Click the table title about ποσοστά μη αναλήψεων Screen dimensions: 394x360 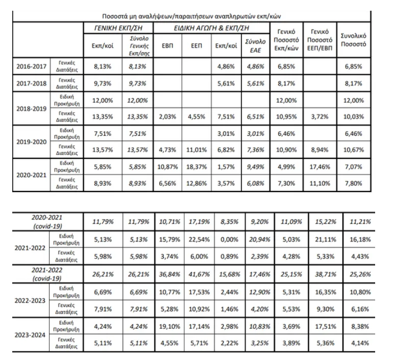coord(191,16)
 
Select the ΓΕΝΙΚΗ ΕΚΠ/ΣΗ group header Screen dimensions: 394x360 coord(118,28)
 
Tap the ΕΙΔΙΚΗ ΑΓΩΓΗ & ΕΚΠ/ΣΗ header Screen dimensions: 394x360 coord(211,28)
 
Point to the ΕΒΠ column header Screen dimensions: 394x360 coord(167,46)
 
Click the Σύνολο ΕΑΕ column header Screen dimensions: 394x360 coord(255,46)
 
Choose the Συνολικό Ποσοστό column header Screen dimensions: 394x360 coord(353,40)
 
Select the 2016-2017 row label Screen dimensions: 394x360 coord(32,66)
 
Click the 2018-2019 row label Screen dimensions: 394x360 coord(32,109)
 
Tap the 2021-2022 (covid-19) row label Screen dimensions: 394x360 coord(47,274)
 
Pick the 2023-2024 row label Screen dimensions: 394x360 coord(30,335)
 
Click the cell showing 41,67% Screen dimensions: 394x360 coord(199,274)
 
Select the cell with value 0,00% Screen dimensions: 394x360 coord(229,239)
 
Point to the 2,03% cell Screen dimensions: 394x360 coord(167,116)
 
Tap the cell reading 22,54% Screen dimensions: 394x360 coord(199,239)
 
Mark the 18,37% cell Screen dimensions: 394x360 coord(196,166)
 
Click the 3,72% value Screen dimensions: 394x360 coord(320,116)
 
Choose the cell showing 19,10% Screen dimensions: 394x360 coord(169,327)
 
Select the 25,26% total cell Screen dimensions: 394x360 coord(360,274)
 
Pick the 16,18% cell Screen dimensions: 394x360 coord(360,239)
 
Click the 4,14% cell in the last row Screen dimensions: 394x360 coord(360,343)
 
